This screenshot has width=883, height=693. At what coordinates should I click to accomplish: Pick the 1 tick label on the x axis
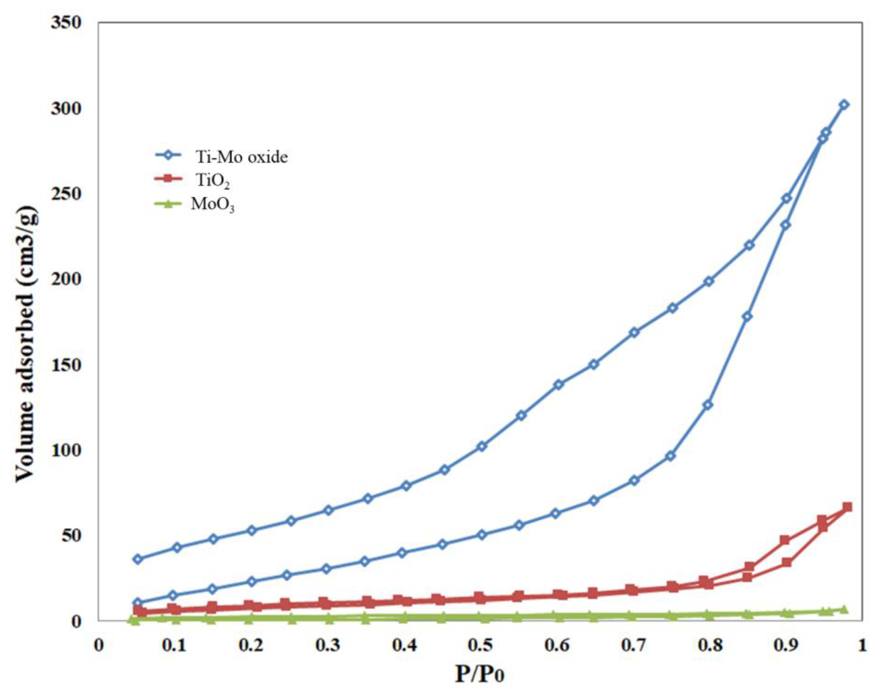click(x=861, y=645)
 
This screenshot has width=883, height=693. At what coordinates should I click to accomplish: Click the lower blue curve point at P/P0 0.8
click(x=708, y=405)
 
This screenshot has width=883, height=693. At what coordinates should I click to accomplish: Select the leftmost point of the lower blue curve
click(x=139, y=602)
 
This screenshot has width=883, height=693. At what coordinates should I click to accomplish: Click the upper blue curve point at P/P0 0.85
click(x=749, y=245)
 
